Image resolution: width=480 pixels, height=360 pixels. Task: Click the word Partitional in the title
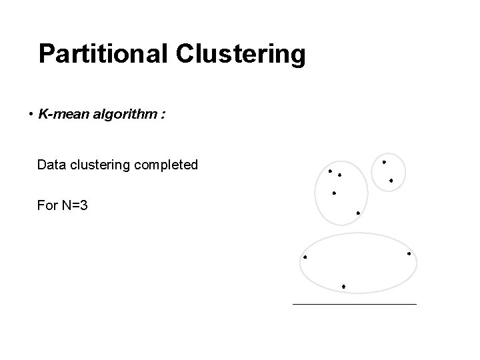point(103,54)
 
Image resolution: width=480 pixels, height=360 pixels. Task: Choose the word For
point(47,205)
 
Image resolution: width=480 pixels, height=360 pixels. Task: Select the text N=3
point(74,205)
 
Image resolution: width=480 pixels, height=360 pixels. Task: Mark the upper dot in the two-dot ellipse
point(383,162)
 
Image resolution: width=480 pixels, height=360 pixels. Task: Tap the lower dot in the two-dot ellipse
point(391,181)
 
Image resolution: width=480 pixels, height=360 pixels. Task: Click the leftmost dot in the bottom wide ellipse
point(305,257)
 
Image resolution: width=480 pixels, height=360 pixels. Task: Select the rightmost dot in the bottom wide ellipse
point(409,253)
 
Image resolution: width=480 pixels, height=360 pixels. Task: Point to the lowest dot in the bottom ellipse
point(343,286)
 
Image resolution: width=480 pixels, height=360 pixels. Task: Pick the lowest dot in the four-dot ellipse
point(358,213)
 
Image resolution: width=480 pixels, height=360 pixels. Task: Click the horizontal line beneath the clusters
point(354,304)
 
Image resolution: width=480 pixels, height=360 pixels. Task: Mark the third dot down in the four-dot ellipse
point(334,193)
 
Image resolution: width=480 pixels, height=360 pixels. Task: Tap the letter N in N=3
point(67,205)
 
